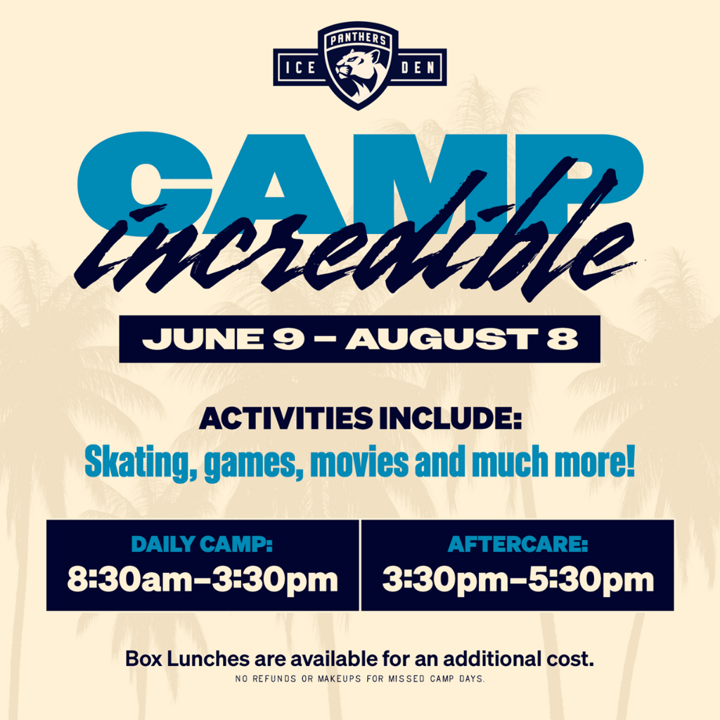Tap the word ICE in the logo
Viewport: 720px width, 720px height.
coord(300,68)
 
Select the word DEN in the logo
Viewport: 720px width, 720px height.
coord(418,68)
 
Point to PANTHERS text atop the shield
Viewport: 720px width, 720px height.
coord(358,39)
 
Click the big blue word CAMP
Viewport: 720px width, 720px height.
coord(360,184)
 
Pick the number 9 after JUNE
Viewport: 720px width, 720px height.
coord(288,339)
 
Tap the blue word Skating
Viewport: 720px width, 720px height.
coord(141,462)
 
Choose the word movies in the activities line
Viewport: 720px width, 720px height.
coord(359,461)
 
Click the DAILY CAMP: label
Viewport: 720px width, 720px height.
coord(202,544)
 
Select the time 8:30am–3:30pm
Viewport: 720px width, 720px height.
coord(202,579)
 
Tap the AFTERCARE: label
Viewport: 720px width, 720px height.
coord(517,544)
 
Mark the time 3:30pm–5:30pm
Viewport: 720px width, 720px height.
coord(518,579)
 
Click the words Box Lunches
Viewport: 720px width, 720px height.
coord(188,659)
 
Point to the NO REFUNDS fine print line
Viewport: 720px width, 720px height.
coord(360,679)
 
